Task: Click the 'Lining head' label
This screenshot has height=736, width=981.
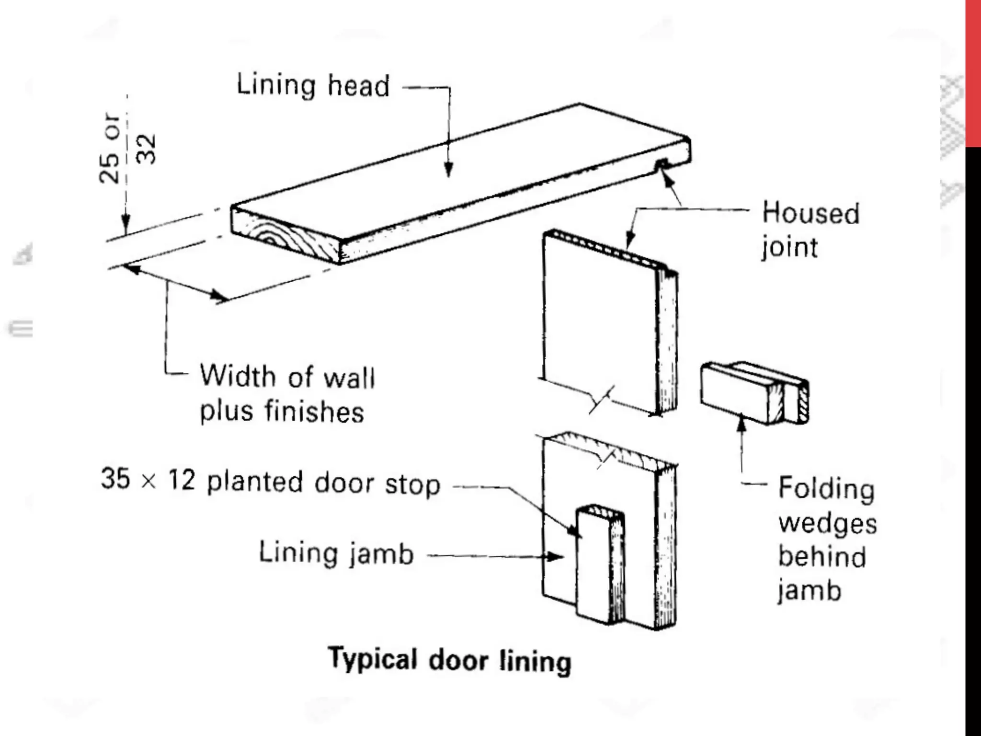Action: pyautogui.click(x=313, y=86)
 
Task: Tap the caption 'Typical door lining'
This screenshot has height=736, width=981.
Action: pyautogui.click(x=449, y=660)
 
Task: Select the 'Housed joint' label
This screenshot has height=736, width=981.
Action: pyautogui.click(x=810, y=230)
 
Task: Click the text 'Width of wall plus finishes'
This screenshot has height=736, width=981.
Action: pyautogui.click(x=286, y=394)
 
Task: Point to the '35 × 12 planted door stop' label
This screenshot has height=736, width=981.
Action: pyautogui.click(x=270, y=481)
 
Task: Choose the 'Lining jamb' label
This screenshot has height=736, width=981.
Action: pyautogui.click(x=336, y=553)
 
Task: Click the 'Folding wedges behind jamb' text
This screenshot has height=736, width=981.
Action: pyautogui.click(x=827, y=539)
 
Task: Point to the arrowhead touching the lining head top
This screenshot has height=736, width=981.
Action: pyautogui.click(x=448, y=171)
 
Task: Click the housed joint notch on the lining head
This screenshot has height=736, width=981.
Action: pyautogui.click(x=662, y=164)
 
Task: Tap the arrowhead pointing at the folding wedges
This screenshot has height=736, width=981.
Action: pyautogui.click(x=742, y=424)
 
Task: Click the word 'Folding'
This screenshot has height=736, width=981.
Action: pyautogui.click(x=826, y=489)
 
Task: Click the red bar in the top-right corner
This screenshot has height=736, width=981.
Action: pyautogui.click(x=973, y=72)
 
